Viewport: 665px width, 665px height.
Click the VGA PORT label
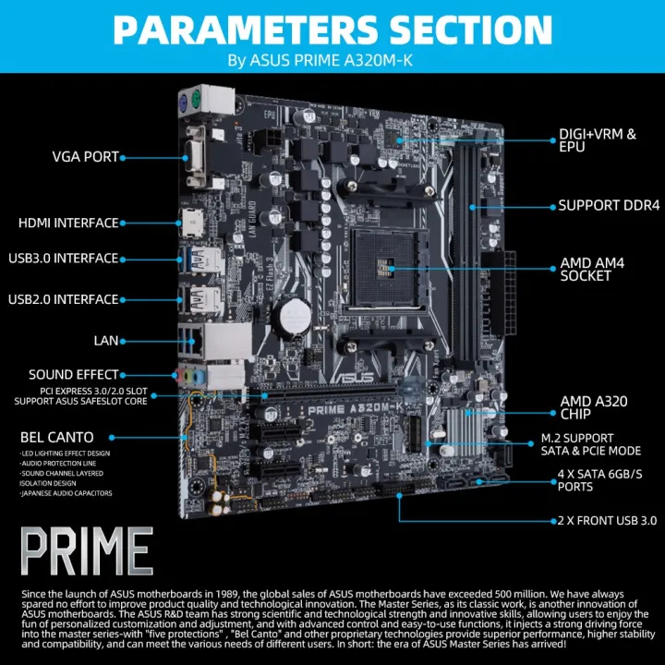click(x=85, y=157)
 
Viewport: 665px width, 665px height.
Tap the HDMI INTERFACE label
click(x=68, y=223)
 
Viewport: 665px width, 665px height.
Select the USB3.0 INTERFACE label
click(x=63, y=258)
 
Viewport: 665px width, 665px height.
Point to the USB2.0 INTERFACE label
click(x=63, y=299)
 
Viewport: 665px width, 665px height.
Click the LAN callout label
click(x=106, y=340)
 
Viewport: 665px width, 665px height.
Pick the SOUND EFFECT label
click(x=74, y=375)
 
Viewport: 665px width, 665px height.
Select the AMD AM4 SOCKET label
click(x=593, y=270)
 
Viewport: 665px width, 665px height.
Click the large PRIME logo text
click(x=88, y=552)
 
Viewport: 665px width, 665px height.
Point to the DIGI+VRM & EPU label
click(x=598, y=140)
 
